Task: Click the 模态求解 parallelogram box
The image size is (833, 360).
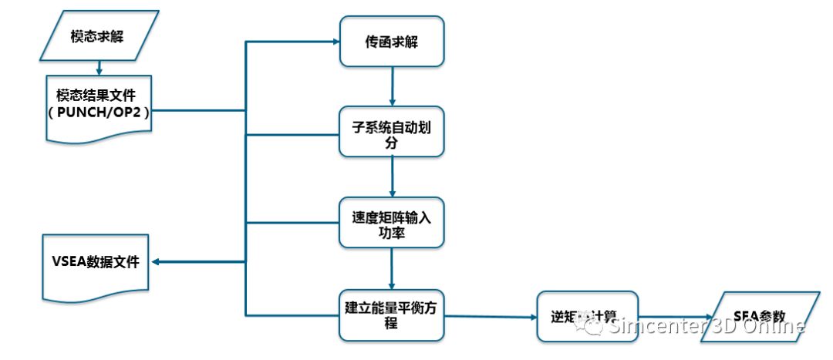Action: pyautogui.click(x=99, y=37)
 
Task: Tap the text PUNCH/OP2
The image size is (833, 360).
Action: pyautogui.click(x=99, y=113)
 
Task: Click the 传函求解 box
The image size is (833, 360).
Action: pyautogui.click(x=393, y=42)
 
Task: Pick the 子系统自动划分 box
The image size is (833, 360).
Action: pyautogui.click(x=393, y=132)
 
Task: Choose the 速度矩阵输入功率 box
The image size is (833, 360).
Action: pyautogui.click(x=393, y=223)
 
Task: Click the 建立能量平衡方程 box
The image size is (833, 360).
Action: pyautogui.click(x=393, y=315)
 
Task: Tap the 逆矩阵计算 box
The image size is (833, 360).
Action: pyautogui.click(x=588, y=316)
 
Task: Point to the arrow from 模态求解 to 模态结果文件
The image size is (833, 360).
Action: pyautogui.click(x=99, y=68)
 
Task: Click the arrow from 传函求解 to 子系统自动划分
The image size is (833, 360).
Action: pyautogui.click(x=393, y=86)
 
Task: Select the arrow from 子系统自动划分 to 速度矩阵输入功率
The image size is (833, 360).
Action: pyautogui.click(x=393, y=177)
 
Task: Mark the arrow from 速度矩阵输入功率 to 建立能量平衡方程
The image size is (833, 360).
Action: pyautogui.click(x=393, y=268)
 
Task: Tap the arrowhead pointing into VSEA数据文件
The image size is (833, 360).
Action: pyautogui.click(x=157, y=263)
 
